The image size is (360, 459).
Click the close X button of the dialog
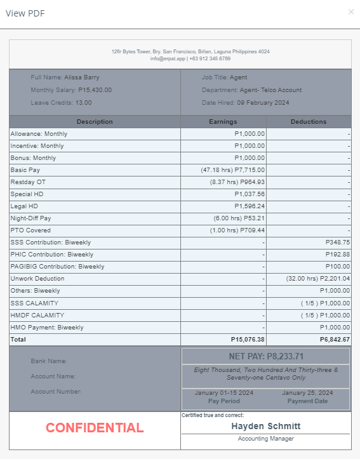pyautogui.click(x=351, y=12)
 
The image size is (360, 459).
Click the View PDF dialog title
pyautogui.click(x=25, y=13)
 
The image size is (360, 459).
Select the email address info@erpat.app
pyautogui.click(x=166, y=58)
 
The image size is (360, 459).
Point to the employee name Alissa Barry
pyautogui.click(x=82, y=77)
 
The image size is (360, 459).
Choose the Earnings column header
pyautogui.click(x=223, y=122)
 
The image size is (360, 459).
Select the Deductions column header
pyautogui.click(x=309, y=122)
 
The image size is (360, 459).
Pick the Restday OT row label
pyautogui.click(x=29, y=182)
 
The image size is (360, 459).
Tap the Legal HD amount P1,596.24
pyautogui.click(x=250, y=206)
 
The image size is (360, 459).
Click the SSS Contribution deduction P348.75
pyautogui.click(x=337, y=243)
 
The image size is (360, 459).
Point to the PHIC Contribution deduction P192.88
pyautogui.click(x=337, y=255)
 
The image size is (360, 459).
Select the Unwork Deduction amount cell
pyautogui.click(x=318, y=279)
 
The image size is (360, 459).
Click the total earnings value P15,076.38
pyautogui.click(x=248, y=340)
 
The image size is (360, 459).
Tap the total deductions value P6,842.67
pyautogui.click(x=333, y=340)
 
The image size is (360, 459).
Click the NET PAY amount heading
pyautogui.click(x=266, y=356)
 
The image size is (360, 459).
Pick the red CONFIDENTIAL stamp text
pyautogui.click(x=95, y=428)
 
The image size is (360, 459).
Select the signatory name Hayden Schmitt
pyautogui.click(x=266, y=426)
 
